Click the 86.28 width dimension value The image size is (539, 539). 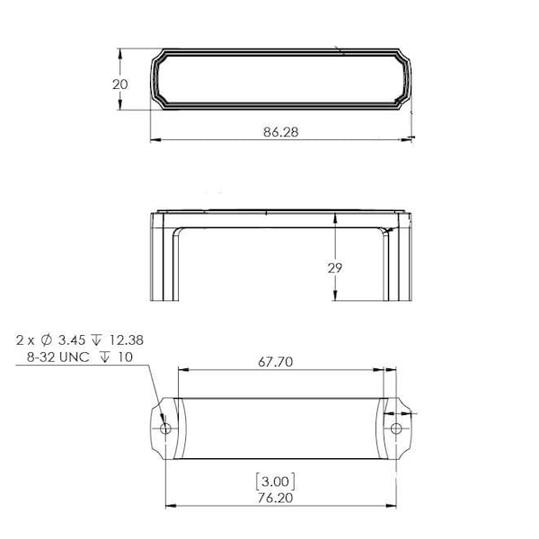(x=281, y=132)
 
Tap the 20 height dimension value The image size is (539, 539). (x=120, y=84)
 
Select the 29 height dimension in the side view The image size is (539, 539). (x=334, y=268)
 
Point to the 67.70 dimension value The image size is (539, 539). (x=276, y=362)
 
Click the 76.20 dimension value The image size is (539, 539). (x=276, y=498)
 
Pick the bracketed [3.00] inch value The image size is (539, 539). (x=276, y=482)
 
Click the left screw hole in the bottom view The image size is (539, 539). (x=165, y=429)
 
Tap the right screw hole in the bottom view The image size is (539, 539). (x=396, y=429)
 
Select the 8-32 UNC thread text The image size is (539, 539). (x=58, y=358)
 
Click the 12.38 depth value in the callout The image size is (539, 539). (x=126, y=340)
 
